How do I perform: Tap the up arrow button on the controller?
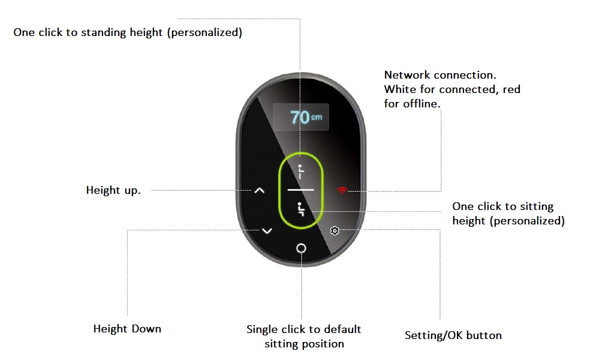click(259, 190)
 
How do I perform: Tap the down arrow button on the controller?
click(267, 231)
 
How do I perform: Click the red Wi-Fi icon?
click(342, 190)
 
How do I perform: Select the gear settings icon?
click(335, 231)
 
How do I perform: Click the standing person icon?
click(300, 172)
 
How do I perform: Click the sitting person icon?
click(301, 209)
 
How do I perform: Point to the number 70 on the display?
click(300, 117)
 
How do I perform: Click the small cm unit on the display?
click(317, 117)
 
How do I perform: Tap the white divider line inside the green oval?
click(301, 190)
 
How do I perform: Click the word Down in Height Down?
click(146, 329)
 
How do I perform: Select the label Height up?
click(113, 190)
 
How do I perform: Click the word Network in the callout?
click(407, 75)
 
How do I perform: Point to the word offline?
click(422, 103)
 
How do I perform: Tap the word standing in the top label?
click(103, 32)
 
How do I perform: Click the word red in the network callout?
click(511, 89)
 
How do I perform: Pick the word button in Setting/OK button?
click(484, 335)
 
